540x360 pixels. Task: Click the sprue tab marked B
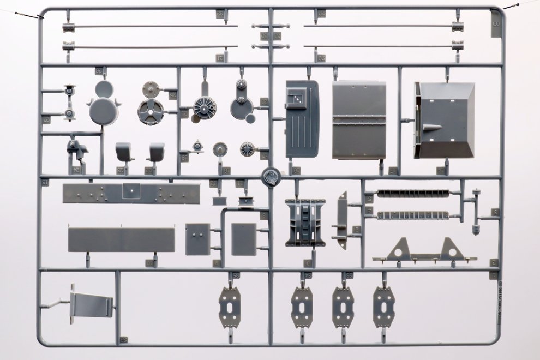tap(495, 26)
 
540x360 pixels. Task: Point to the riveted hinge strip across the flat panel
tap(359, 121)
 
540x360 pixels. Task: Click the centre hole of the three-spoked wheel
tap(150, 113)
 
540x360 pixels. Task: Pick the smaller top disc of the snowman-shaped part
tap(104, 89)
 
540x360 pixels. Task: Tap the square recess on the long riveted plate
tap(131, 190)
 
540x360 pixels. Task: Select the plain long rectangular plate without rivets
tap(121, 240)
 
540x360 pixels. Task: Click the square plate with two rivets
tap(197, 239)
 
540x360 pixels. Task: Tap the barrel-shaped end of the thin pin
tap(476, 224)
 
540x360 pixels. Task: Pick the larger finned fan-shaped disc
tap(205, 107)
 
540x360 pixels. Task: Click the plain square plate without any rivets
tap(243, 239)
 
